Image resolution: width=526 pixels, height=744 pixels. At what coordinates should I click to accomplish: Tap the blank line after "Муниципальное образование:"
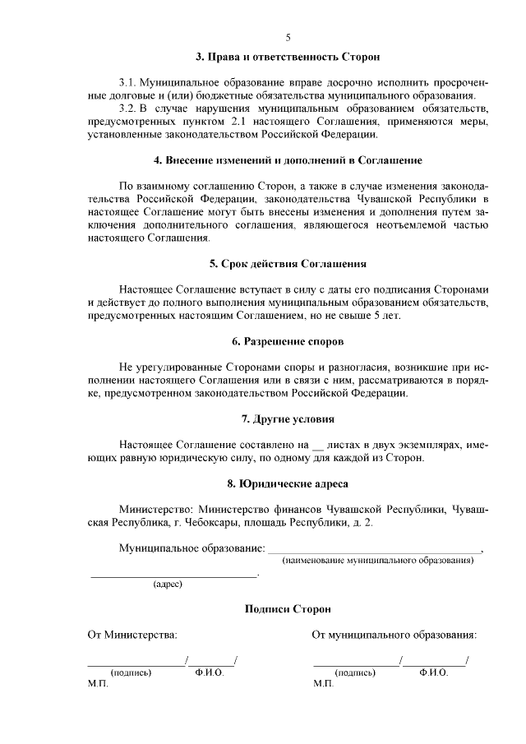click(375, 548)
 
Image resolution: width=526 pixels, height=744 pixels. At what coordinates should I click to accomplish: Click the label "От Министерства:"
click(132, 635)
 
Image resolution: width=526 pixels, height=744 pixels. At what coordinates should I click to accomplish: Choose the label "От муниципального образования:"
click(394, 635)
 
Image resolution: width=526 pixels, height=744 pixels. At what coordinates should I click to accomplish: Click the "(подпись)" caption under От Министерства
click(131, 672)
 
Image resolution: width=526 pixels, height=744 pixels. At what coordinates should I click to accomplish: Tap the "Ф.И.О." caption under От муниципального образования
click(433, 672)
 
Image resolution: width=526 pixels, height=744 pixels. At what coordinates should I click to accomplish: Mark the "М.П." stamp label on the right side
click(322, 684)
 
